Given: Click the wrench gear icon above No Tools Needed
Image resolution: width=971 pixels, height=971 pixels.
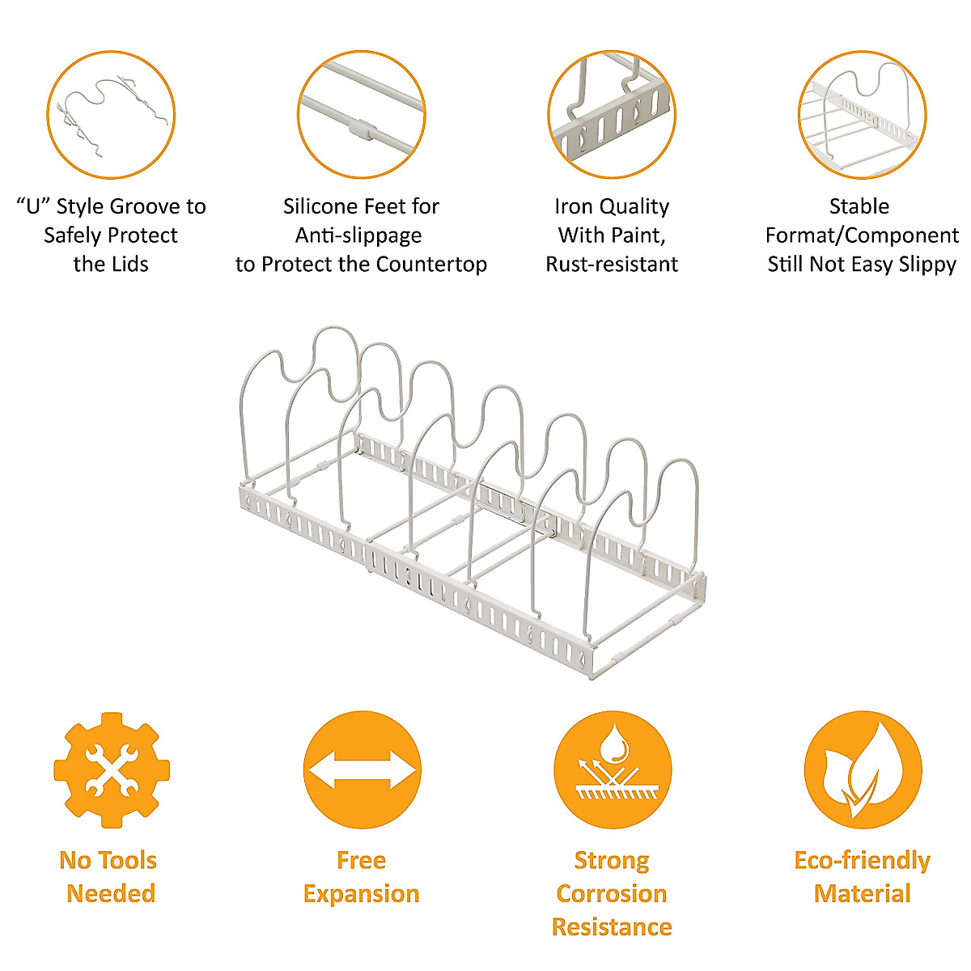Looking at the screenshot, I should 112,770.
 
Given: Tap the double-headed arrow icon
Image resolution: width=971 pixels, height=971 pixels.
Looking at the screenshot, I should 362,770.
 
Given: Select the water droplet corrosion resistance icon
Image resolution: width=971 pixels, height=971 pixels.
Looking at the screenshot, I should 613,770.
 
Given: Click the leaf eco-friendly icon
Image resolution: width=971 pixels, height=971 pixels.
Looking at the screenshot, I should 863,770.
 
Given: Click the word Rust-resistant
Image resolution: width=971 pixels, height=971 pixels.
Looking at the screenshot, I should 612,265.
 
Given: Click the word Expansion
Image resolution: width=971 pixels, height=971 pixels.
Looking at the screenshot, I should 362,894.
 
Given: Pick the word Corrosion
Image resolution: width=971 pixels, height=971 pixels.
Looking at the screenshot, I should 612,894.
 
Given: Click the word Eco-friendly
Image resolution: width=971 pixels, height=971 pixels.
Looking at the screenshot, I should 863,860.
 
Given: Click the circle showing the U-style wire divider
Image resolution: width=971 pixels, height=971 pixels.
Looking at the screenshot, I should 111,114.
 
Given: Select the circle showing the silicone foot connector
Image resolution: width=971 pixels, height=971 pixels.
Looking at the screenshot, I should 361,114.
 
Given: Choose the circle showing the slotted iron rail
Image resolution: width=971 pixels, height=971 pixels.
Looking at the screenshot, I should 612,114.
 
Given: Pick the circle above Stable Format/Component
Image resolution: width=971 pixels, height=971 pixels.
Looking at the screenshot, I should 863,114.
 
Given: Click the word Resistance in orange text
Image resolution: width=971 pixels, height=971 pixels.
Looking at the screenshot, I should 612,927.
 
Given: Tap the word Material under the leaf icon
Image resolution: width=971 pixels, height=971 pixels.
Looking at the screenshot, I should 863,894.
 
